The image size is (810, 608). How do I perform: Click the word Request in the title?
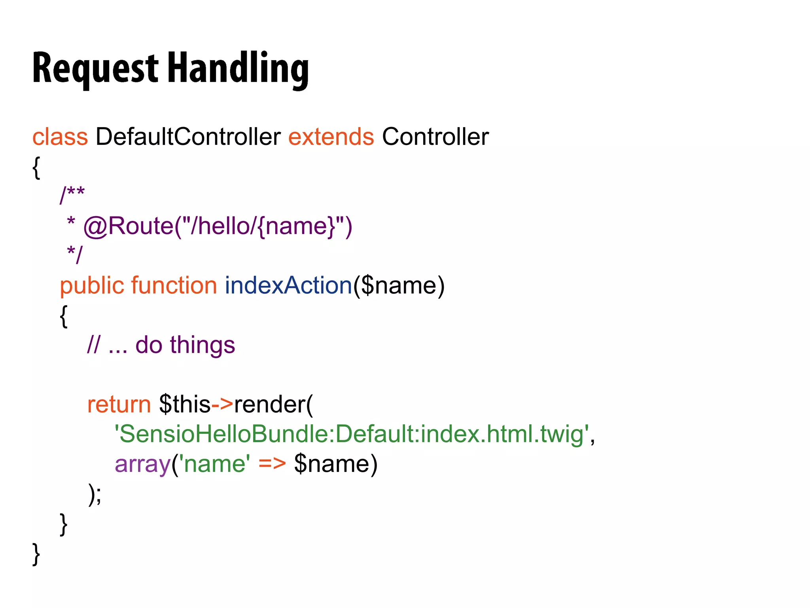tap(95, 68)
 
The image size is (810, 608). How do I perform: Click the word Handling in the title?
tap(238, 68)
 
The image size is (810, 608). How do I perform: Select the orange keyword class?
tap(60, 137)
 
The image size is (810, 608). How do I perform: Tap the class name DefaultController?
tap(188, 137)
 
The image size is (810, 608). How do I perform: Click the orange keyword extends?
tap(331, 137)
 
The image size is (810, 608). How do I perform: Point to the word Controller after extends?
tap(435, 137)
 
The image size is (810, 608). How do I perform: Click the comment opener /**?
tap(72, 195)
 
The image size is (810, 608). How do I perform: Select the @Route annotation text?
tap(218, 226)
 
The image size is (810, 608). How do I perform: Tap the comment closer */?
tap(75, 254)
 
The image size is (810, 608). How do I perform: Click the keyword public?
tap(92, 286)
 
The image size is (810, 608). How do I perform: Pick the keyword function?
tap(174, 286)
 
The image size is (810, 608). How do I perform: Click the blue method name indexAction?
tap(288, 286)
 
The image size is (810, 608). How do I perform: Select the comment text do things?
tap(185, 345)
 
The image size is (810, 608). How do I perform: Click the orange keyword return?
tap(119, 405)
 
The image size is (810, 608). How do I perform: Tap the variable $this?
tap(184, 405)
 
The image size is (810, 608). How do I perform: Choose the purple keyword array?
tap(142, 464)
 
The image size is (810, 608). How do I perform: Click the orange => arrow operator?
tap(272, 464)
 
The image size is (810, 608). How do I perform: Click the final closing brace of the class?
tap(36, 554)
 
